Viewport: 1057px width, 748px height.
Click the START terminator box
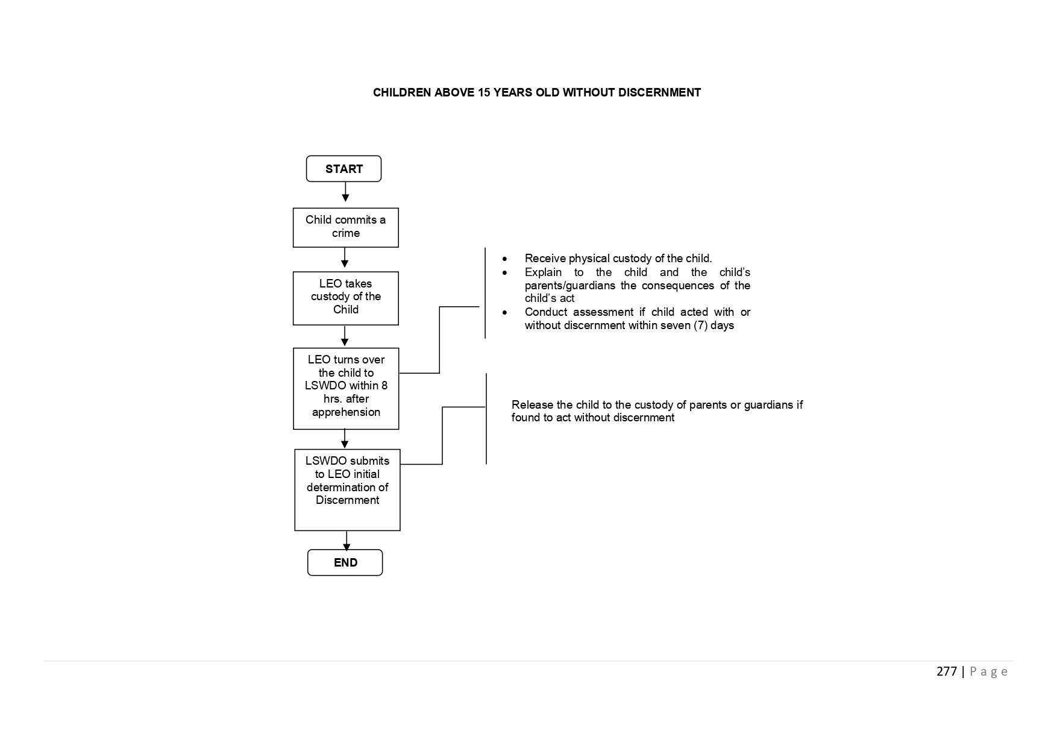point(343,169)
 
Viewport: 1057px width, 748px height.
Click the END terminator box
point(345,562)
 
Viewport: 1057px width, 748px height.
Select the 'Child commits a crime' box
point(345,227)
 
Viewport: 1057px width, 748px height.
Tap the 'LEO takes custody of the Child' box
point(345,298)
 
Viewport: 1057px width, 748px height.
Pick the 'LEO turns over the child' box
point(346,389)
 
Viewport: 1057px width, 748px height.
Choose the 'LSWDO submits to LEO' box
point(347,490)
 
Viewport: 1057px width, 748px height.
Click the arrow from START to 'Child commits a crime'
point(345,192)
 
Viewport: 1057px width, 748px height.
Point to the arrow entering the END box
point(347,541)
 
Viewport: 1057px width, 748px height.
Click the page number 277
point(947,671)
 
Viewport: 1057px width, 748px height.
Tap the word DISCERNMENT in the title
point(659,93)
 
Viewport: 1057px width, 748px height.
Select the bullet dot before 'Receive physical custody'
point(504,259)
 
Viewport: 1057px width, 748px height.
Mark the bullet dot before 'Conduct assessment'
point(504,313)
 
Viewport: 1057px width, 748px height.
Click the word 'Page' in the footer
point(988,672)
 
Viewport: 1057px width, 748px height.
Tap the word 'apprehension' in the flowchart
point(346,413)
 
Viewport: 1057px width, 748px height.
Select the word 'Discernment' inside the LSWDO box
point(347,500)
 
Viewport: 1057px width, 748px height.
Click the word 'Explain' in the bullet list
point(543,272)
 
